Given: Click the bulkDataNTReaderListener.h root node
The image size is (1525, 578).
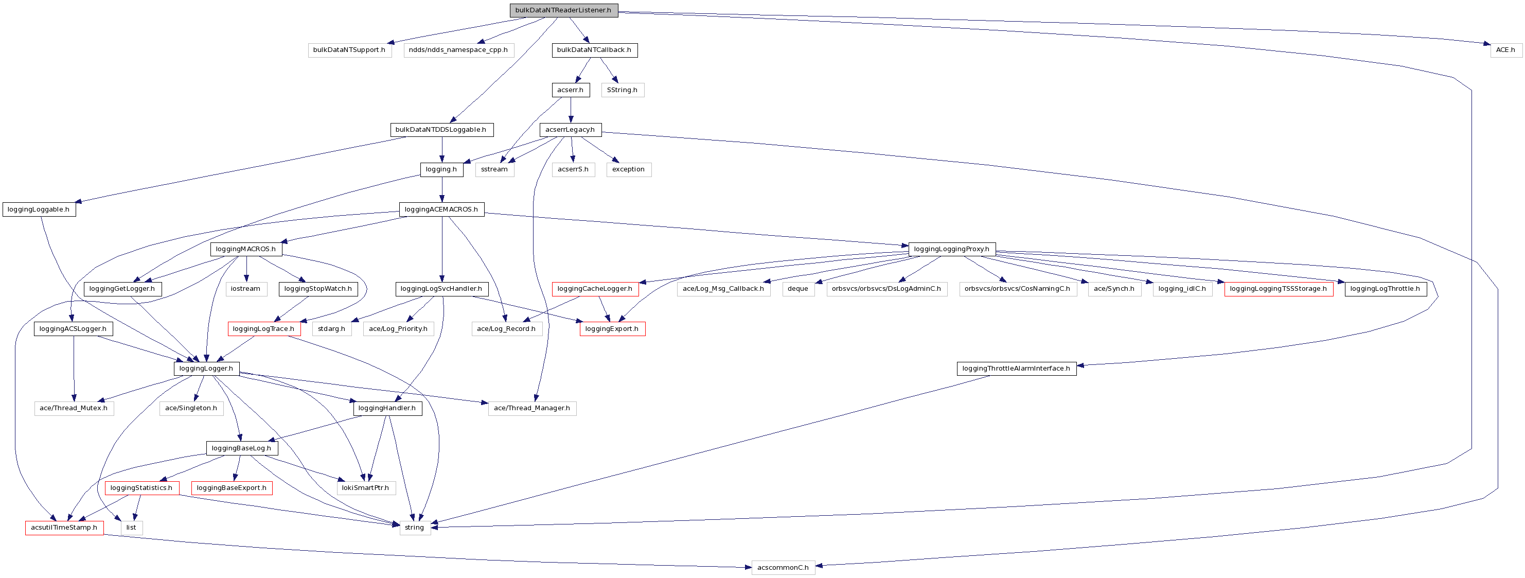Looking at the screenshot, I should pyautogui.click(x=563, y=10).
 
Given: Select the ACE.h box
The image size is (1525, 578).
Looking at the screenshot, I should pyautogui.click(x=1505, y=50).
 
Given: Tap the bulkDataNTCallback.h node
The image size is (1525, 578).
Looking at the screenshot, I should pyautogui.click(x=594, y=50).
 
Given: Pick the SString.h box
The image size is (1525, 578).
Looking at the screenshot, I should pyautogui.click(x=622, y=90).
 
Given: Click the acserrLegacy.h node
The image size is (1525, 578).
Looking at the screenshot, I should pyautogui.click(x=570, y=130).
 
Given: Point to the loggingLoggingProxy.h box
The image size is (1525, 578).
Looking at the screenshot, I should pyautogui.click(x=951, y=249).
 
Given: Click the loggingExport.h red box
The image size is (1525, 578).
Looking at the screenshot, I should pyautogui.click(x=612, y=329).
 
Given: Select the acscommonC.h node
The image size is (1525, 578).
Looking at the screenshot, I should pyautogui.click(x=783, y=567).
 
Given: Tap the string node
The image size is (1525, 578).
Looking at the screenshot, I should pyautogui.click(x=414, y=528).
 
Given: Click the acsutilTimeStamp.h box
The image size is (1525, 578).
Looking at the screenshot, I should pyautogui.click(x=64, y=528).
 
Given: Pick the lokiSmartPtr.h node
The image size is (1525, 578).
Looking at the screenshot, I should pyautogui.click(x=365, y=488).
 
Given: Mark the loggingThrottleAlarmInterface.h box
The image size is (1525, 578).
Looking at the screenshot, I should pyautogui.click(x=1016, y=369).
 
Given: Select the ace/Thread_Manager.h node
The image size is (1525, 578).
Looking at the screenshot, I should pyautogui.click(x=531, y=408).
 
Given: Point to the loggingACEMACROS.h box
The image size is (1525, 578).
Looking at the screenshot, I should pyautogui.click(x=441, y=209).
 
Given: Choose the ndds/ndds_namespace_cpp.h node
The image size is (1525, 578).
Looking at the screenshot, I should pyautogui.click(x=458, y=50).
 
